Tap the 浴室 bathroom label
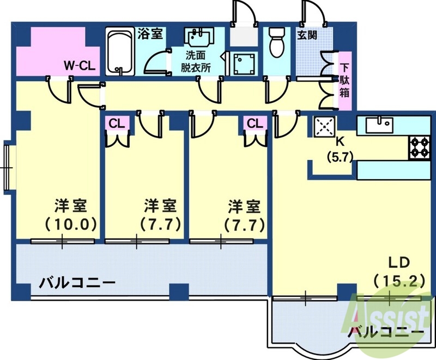pyautogui.click(x=150, y=33)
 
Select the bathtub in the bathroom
pyautogui.click(x=119, y=52)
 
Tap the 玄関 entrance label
pyautogui.click(x=307, y=34)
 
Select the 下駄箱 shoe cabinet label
pyautogui.click(x=344, y=80)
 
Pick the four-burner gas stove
pyautogui.click(x=420, y=147)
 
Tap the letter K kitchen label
pyautogui.click(x=340, y=142)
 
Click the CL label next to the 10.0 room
pyautogui.click(x=116, y=124)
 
